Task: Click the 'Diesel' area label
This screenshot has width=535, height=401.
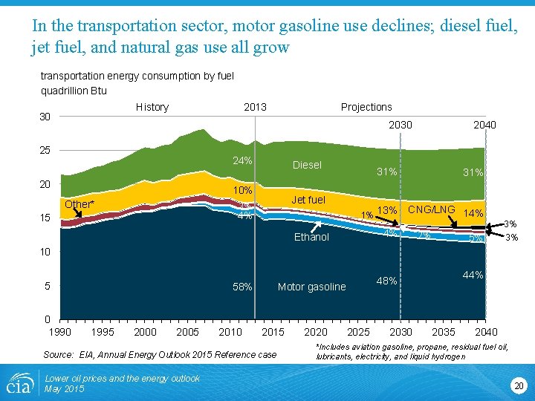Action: pos(307,165)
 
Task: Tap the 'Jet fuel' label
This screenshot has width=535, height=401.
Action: pos(308,200)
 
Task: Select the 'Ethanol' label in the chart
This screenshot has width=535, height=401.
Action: pos(311,238)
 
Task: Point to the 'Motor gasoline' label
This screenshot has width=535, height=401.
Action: pos(311,287)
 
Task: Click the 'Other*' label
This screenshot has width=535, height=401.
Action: pos(80,204)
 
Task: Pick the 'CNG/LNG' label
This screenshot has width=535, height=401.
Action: pos(431,209)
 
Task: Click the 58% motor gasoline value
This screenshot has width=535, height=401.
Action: pos(242,287)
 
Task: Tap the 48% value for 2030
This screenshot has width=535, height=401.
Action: pos(387,281)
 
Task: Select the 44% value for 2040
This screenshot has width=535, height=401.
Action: pos(473,275)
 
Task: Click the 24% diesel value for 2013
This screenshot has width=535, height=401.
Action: pos(242,161)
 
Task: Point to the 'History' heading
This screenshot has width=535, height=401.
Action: pos(152,107)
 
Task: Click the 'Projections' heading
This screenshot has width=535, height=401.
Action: pos(366,107)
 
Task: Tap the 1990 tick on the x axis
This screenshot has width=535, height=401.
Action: pos(60,331)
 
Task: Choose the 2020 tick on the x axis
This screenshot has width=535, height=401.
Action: pos(316,331)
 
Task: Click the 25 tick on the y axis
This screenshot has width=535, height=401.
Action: pos(45,150)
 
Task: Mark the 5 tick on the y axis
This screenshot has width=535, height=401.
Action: pos(47,286)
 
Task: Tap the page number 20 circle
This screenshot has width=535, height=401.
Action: pos(518,385)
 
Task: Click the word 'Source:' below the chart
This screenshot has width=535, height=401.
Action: pos(59,354)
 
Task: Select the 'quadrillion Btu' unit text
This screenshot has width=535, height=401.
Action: pos(74,91)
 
